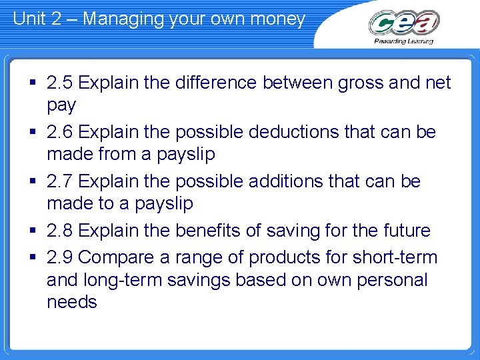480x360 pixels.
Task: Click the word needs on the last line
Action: click(x=72, y=302)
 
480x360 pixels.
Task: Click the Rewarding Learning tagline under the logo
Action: click(x=404, y=41)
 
